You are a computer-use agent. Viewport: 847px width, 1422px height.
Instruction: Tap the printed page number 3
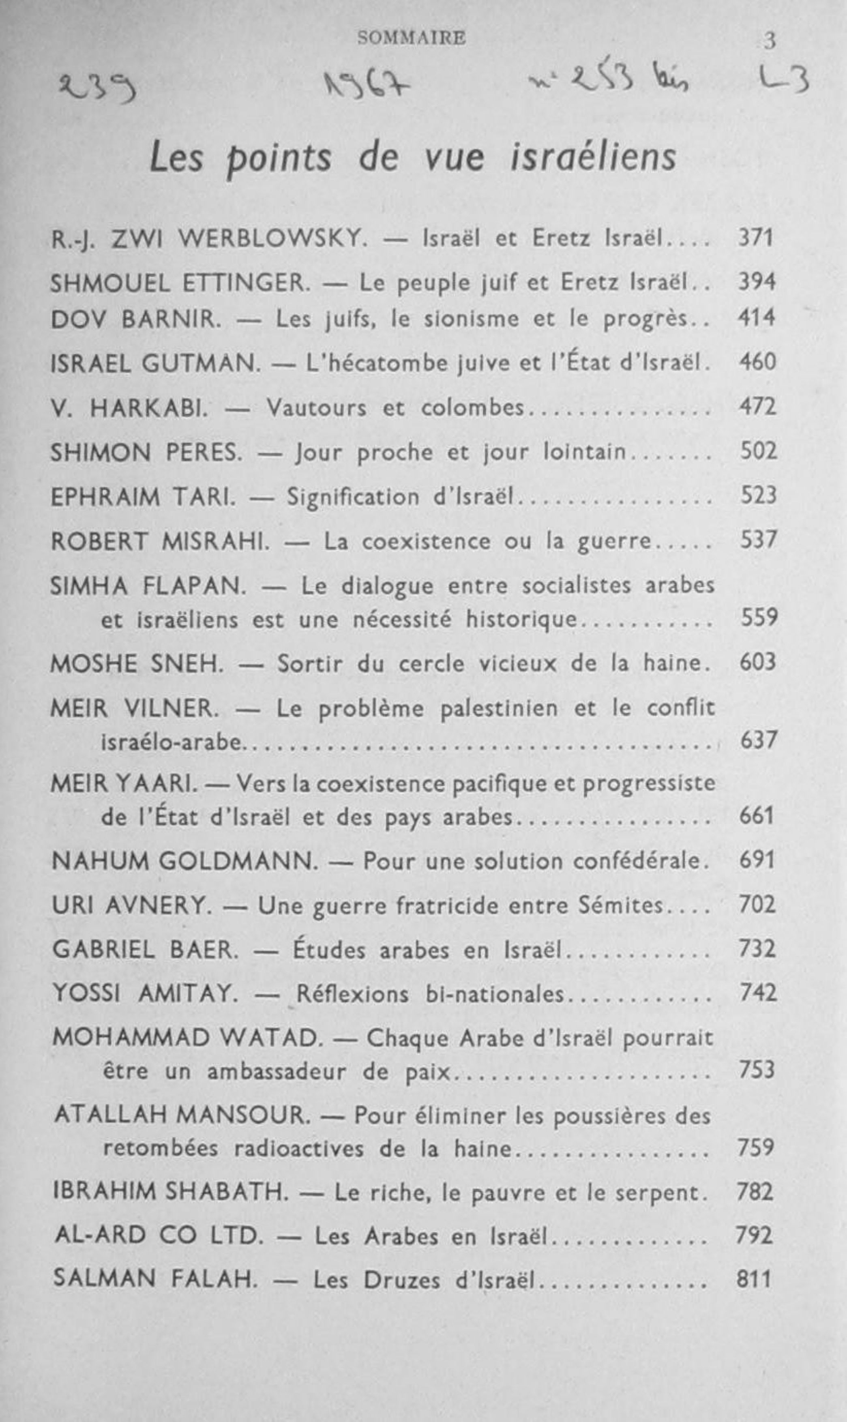pyautogui.click(x=770, y=41)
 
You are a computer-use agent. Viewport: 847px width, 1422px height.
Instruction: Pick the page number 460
pyautogui.click(x=757, y=362)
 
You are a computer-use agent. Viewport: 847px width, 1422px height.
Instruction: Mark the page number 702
pyautogui.click(x=757, y=905)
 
